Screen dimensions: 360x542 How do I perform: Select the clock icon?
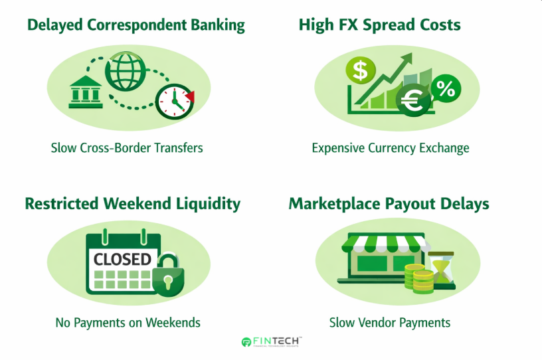point(175,101)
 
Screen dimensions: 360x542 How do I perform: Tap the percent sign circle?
point(446,88)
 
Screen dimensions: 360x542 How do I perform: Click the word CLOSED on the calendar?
point(122,258)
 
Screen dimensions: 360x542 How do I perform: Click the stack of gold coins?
point(418,280)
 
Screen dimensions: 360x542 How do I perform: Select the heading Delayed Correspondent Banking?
point(136,25)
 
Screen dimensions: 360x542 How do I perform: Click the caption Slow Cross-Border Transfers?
point(127,147)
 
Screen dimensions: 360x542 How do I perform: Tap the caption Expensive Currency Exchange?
point(391,147)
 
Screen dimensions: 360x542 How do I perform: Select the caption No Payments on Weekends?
point(128,323)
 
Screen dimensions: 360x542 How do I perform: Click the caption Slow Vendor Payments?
point(390,323)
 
